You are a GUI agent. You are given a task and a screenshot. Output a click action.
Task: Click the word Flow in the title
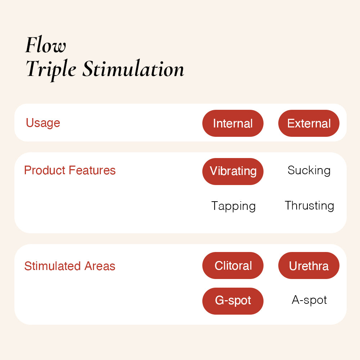point(45,45)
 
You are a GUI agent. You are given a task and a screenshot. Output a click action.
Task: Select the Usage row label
point(43,123)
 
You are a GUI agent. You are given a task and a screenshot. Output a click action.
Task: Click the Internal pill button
point(233,123)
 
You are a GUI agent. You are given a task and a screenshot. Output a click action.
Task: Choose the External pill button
point(309,123)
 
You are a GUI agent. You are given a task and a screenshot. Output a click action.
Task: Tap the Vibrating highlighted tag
point(233,171)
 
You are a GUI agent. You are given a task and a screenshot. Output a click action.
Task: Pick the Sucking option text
point(309,171)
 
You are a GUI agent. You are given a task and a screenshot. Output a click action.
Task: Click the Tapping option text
point(233,206)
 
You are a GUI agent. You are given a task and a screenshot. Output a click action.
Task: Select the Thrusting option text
point(309,206)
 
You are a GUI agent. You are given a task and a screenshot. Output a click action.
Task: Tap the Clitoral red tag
point(233,265)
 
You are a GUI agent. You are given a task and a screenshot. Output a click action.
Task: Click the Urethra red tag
point(309,265)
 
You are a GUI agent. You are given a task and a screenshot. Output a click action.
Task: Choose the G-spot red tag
point(233,301)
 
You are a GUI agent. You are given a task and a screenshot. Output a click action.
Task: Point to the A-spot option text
point(309,300)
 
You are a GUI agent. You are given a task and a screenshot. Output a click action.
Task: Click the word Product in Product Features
point(45,170)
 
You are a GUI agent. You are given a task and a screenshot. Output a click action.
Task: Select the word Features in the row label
point(92,170)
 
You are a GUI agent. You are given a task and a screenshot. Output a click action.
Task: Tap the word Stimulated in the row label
point(53,266)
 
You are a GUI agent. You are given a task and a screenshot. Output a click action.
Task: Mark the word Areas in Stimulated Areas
point(100,266)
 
